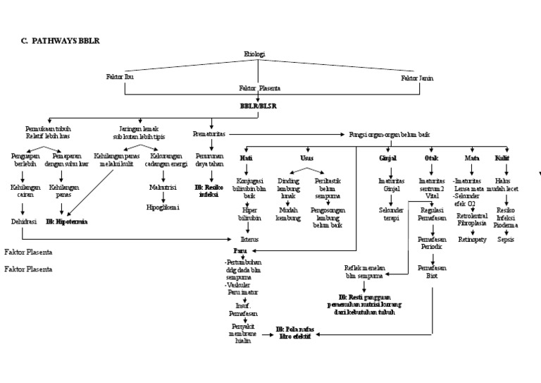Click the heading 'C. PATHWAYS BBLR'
coord(61,41)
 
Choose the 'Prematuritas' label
coord(209,133)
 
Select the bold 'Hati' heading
coord(247,158)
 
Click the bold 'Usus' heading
coord(306,158)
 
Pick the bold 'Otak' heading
coord(431,158)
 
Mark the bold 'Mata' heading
coord(472,158)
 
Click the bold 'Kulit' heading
coord(502,158)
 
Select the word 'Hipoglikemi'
coord(163,207)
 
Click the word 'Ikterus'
coord(249,240)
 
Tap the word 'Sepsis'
coord(506,240)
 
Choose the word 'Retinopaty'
coord(473,240)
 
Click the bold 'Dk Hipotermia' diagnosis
coord(67,221)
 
